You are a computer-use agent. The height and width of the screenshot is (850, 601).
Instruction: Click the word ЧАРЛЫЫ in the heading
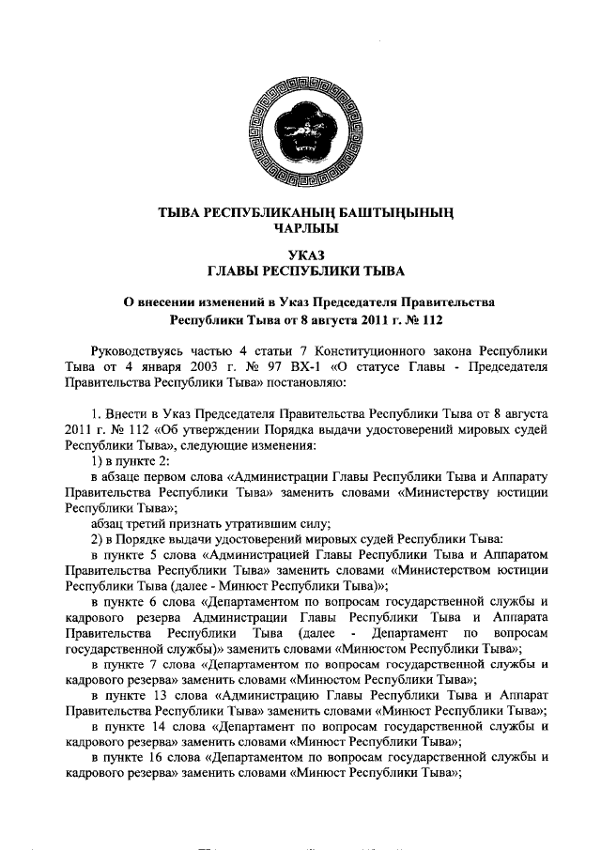[300, 227]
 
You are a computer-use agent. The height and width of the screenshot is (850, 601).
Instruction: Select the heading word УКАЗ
[300, 255]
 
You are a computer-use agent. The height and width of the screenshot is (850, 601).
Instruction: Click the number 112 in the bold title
[429, 318]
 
